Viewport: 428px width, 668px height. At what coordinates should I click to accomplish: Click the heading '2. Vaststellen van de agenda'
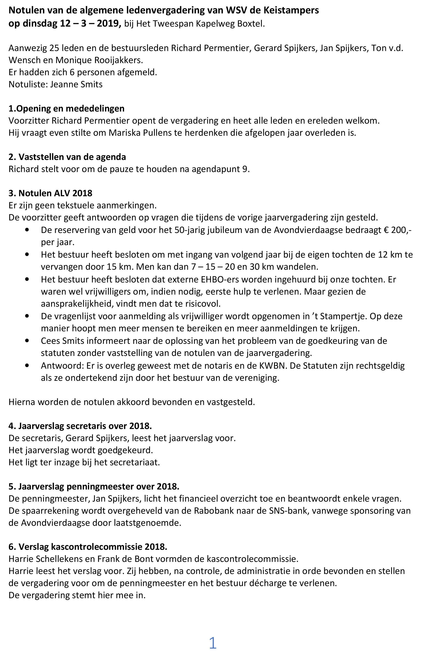click(67, 157)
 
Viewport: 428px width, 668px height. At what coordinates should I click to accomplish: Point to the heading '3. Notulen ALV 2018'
click(51, 193)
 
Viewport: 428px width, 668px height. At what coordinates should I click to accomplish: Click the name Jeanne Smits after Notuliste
click(77, 84)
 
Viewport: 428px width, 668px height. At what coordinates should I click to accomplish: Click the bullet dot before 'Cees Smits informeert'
click(27, 341)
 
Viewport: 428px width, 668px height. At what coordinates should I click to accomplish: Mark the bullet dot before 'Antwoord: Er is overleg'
click(27, 365)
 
